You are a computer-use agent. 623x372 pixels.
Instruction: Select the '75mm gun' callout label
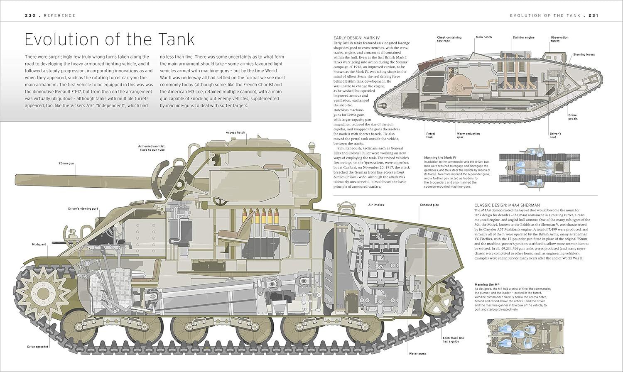pyautogui.click(x=66, y=164)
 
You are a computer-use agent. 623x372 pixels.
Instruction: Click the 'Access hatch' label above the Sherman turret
pyautogui.click(x=235, y=132)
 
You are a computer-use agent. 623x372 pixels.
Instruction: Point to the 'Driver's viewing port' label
pyautogui.click(x=83, y=208)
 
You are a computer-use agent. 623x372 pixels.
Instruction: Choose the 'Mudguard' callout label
pyautogui.click(x=39, y=245)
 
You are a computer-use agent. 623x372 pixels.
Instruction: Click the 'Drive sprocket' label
pyautogui.click(x=38, y=347)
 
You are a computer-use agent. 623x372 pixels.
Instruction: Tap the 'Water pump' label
pyautogui.click(x=417, y=354)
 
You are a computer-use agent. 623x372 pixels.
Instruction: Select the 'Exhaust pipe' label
pyautogui.click(x=429, y=205)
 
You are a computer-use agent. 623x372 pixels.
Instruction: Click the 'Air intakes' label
pyautogui.click(x=376, y=205)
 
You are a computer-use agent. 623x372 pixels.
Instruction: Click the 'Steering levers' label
pyautogui.click(x=584, y=54)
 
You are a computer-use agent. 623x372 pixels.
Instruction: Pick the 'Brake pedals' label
pyautogui.click(x=573, y=117)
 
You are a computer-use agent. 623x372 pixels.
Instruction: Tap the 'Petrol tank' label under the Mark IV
pyautogui.click(x=429, y=135)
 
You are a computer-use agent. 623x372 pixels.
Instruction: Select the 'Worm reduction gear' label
pyautogui.click(x=468, y=135)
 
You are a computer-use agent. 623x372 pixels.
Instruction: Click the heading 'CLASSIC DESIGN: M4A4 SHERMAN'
pyautogui.click(x=507, y=205)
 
